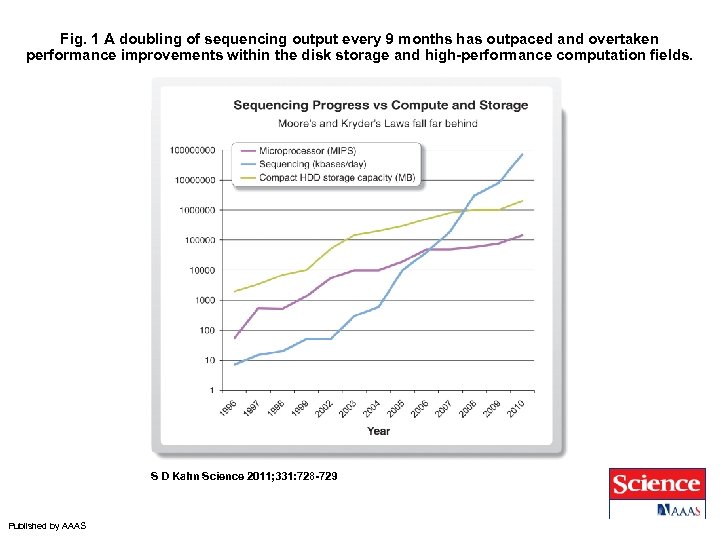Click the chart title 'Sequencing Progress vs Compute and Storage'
(380, 105)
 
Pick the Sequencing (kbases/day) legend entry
(312, 165)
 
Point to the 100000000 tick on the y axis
(193, 151)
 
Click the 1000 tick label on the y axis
(204, 300)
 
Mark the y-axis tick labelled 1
(212, 389)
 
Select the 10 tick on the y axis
(209, 360)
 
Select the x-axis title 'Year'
(378, 431)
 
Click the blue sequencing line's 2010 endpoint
(522, 154)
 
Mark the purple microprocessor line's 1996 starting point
(235, 338)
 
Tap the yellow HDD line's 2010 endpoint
(522, 201)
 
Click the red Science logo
(655, 484)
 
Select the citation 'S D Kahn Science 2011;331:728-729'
(243, 476)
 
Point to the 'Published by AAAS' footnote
(47, 526)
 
